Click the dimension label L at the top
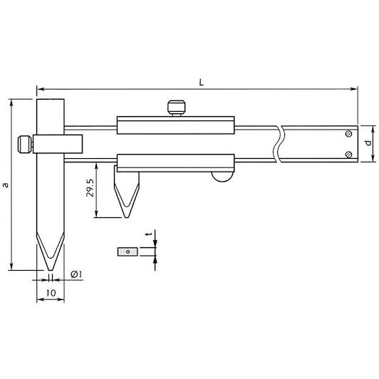click(202, 83)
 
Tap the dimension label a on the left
click(6, 185)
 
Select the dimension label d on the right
click(368, 143)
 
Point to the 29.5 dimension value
click(90, 188)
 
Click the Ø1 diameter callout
click(76, 274)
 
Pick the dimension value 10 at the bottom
click(51, 293)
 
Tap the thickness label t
click(149, 234)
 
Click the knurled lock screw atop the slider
click(177, 108)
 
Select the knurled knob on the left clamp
click(25, 145)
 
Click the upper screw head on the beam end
click(348, 134)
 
